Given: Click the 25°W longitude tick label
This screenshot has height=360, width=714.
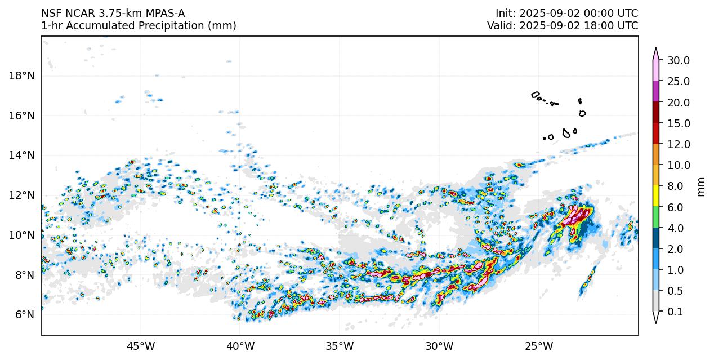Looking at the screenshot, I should coord(538,345).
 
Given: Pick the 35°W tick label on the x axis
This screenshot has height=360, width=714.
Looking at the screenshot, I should coord(340,345).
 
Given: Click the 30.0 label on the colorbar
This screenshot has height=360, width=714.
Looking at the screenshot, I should coord(679,60).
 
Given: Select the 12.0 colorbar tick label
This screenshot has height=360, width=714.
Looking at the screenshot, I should coord(679,144).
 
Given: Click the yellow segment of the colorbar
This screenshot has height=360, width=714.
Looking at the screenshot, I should coord(656,196).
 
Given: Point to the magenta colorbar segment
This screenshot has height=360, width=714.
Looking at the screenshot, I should coord(656,91).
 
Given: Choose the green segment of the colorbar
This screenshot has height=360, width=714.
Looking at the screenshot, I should coord(656,217).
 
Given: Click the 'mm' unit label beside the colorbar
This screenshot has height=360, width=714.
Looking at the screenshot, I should coord(701,186).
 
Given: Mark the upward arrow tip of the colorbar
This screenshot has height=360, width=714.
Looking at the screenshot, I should coord(656,49).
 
